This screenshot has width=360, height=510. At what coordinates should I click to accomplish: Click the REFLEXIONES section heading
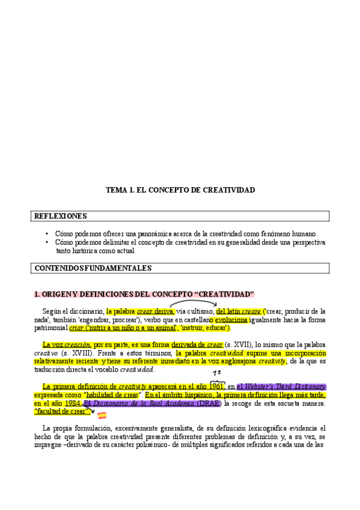(60, 216)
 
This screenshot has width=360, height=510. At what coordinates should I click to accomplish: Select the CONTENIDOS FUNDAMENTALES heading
(93, 268)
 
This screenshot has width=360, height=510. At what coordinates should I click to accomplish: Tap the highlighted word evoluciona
(230, 319)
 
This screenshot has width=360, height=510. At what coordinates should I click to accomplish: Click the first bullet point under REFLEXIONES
(47, 234)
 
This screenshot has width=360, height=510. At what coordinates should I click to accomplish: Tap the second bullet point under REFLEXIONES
(47, 242)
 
